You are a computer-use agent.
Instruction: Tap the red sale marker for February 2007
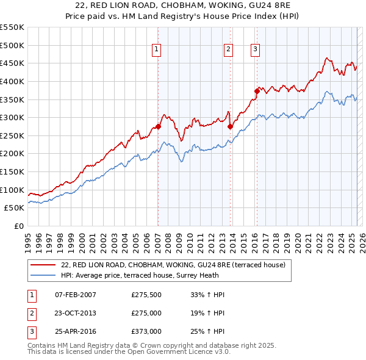[x=158, y=126]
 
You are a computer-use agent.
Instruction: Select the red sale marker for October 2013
[x=230, y=127]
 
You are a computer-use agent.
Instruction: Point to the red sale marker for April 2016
[x=257, y=92]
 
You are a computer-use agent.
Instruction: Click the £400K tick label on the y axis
[x=12, y=81]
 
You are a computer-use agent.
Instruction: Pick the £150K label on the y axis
[x=12, y=171]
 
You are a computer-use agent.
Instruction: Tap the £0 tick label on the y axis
[x=19, y=226]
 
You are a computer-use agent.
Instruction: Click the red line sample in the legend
[x=43, y=265]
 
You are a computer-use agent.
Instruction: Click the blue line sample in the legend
[x=43, y=276]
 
